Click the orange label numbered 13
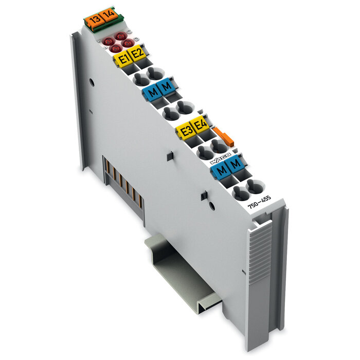click(94, 21)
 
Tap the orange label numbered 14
click(107, 17)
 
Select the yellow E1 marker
click(123, 59)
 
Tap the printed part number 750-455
click(259, 200)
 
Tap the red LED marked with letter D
click(128, 43)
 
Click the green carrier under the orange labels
click(103, 26)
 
